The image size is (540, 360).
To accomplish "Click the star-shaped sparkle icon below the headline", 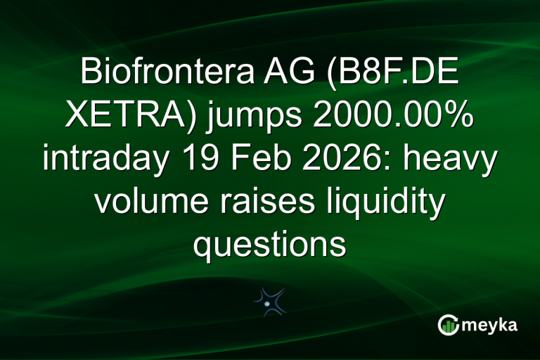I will pyautogui.click(x=269, y=301).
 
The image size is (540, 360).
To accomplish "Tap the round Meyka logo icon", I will pyautogui.click(x=448, y=325).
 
